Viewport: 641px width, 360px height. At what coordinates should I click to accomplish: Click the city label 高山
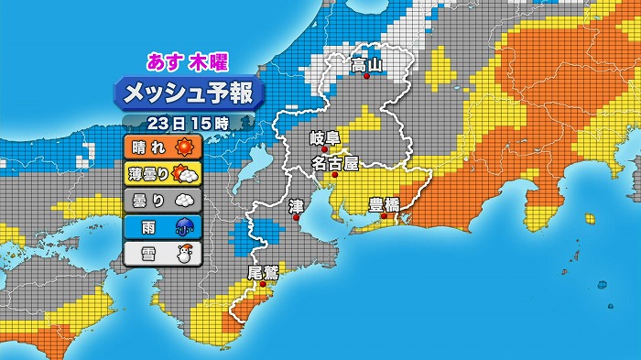tap(366, 65)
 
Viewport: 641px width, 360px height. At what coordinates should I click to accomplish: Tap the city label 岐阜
tap(324, 138)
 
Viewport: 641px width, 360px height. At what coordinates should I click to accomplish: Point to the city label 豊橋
tap(384, 203)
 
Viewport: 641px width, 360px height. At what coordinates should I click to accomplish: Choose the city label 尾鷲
tap(263, 271)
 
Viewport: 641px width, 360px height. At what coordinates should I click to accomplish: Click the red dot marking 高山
tap(366, 77)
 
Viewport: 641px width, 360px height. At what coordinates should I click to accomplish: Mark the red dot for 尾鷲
tap(263, 284)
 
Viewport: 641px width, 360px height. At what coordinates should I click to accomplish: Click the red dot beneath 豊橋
tap(385, 216)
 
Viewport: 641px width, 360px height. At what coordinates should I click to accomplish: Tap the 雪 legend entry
tap(160, 253)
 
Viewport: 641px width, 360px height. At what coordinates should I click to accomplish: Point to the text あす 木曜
tap(188, 62)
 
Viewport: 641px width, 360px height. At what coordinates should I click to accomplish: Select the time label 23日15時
tap(187, 122)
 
